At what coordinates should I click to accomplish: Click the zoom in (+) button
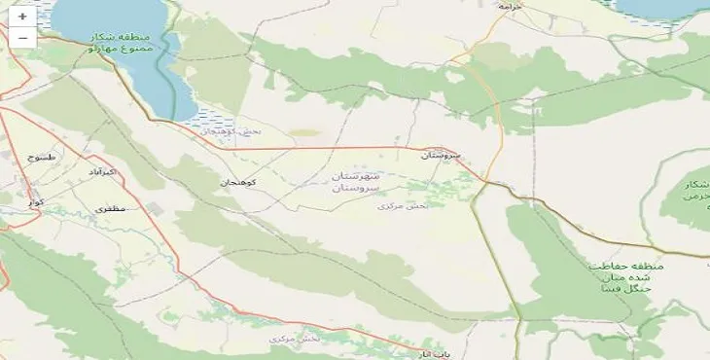(22, 17)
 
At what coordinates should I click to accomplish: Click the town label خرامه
(510, 6)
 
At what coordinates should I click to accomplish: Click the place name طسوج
(45, 157)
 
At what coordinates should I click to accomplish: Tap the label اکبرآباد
(101, 172)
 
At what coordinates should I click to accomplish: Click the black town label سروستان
(441, 155)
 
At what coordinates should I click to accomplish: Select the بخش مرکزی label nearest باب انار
(294, 339)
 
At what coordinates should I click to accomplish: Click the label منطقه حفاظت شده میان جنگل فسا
(624, 277)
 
